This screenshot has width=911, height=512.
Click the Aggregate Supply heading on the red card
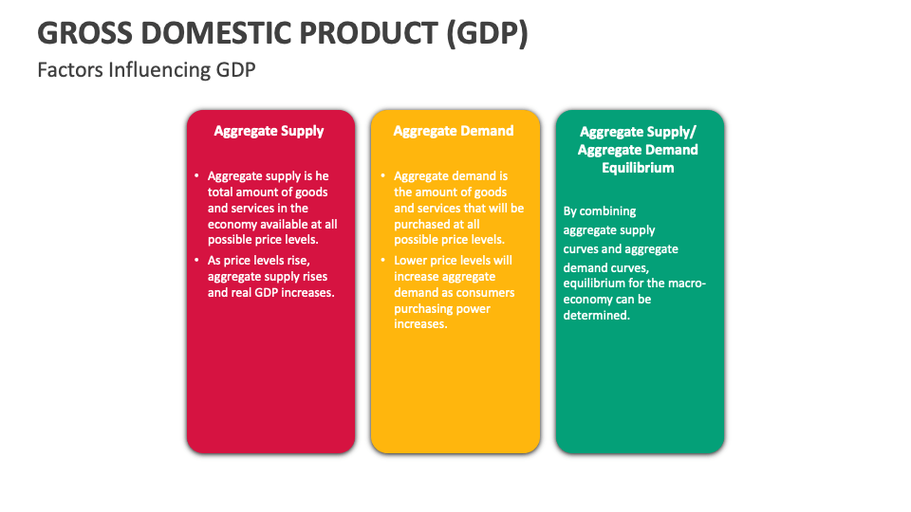(x=269, y=132)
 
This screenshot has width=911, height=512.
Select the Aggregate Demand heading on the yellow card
(x=454, y=132)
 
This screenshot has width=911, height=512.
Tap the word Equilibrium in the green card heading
(x=638, y=168)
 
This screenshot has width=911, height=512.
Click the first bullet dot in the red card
(x=196, y=176)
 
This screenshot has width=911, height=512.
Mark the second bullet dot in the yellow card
(x=382, y=261)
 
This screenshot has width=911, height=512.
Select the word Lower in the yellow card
(x=411, y=261)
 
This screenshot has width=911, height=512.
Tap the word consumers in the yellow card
(x=484, y=292)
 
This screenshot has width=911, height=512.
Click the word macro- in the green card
(x=684, y=283)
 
